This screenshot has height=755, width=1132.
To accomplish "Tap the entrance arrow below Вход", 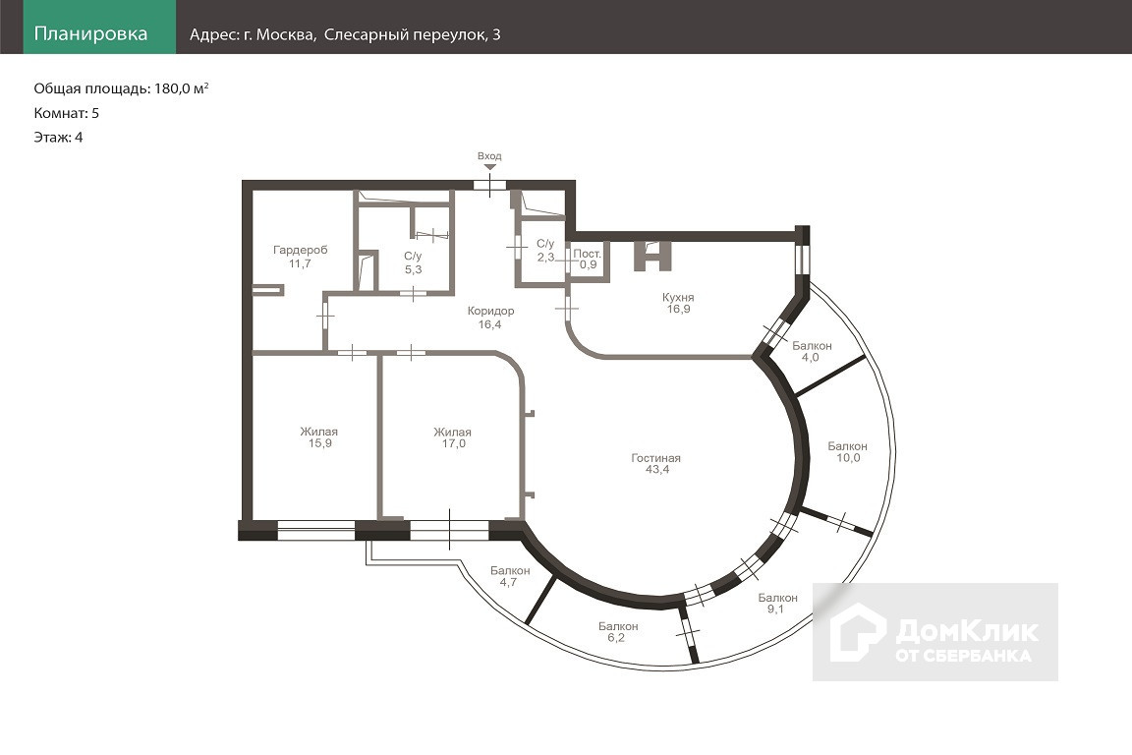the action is point(489,167).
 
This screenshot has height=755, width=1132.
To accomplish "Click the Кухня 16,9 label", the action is point(679,303).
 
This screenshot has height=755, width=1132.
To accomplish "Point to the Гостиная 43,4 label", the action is point(656,463).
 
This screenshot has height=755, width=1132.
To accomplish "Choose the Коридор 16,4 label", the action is point(490,318).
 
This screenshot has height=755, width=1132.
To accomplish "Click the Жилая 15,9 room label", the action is point(319,437).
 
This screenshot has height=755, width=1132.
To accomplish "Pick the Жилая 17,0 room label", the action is point(453,437).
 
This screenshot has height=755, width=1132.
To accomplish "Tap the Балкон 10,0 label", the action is point(848,451).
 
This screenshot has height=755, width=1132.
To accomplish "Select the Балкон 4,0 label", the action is point(812,351).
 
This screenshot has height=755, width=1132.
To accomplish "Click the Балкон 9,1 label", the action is point(777,604).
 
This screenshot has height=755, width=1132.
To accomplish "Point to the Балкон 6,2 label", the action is point(618,631).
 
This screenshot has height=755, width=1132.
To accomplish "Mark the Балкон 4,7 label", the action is point(510,576).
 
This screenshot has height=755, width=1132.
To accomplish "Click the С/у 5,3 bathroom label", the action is point(413,262).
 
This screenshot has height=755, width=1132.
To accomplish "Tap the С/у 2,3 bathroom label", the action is point(545,250).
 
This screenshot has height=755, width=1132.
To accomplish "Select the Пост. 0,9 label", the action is point(588,259).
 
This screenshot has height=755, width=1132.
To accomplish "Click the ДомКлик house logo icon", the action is point(858,632).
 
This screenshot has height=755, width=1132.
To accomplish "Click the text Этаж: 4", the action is point(58,138).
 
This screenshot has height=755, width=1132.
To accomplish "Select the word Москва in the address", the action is point(286,34).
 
